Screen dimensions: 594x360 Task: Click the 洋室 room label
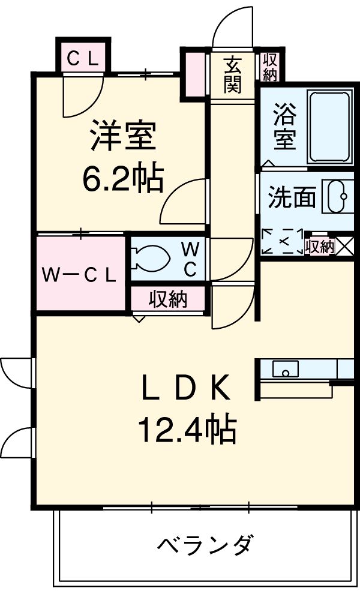(123, 136)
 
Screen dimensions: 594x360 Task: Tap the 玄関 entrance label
(233, 74)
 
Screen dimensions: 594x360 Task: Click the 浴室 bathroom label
(284, 127)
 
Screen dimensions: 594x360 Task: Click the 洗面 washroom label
(292, 198)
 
